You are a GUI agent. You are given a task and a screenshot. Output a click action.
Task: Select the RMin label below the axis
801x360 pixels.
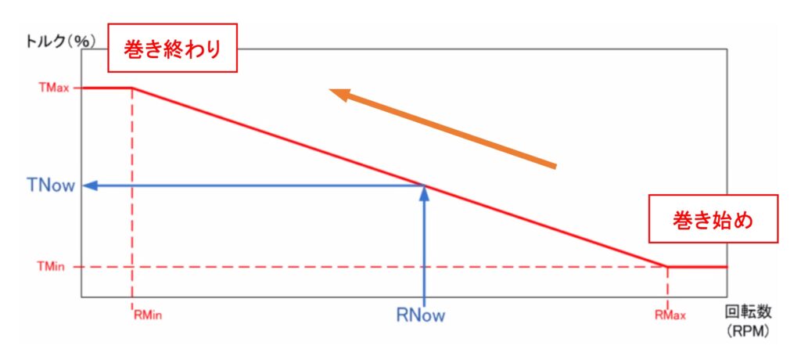tap(148, 315)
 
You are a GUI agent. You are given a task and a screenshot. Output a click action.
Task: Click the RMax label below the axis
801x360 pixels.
tap(670, 315)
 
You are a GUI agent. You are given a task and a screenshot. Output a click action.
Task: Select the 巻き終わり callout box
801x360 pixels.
tap(171, 49)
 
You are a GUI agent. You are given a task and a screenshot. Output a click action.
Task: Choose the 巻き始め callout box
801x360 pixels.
tap(713, 221)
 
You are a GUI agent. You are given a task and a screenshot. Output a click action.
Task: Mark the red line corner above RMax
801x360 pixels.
tap(667, 266)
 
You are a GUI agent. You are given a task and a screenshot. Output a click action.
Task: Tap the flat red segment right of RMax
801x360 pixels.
tap(698, 266)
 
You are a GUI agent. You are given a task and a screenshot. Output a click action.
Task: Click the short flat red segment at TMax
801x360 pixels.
tap(106, 88)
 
